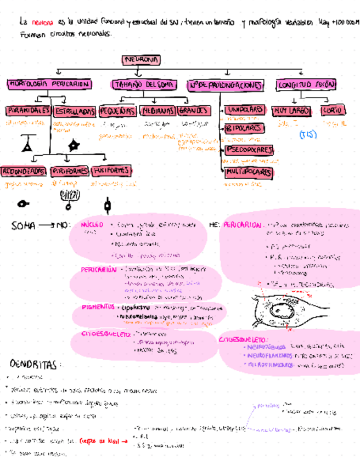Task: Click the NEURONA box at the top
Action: click(142, 59)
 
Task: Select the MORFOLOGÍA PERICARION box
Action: click(49, 84)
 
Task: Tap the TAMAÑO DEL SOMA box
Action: click(143, 85)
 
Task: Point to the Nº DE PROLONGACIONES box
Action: click(226, 85)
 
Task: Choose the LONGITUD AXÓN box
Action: click(306, 85)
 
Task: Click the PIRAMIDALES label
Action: click(27, 111)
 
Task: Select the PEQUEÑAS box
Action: click(117, 111)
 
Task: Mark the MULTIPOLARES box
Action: click(248, 172)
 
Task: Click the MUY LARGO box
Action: click(292, 111)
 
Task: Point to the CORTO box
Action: click(332, 110)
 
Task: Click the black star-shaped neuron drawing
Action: click(72, 146)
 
